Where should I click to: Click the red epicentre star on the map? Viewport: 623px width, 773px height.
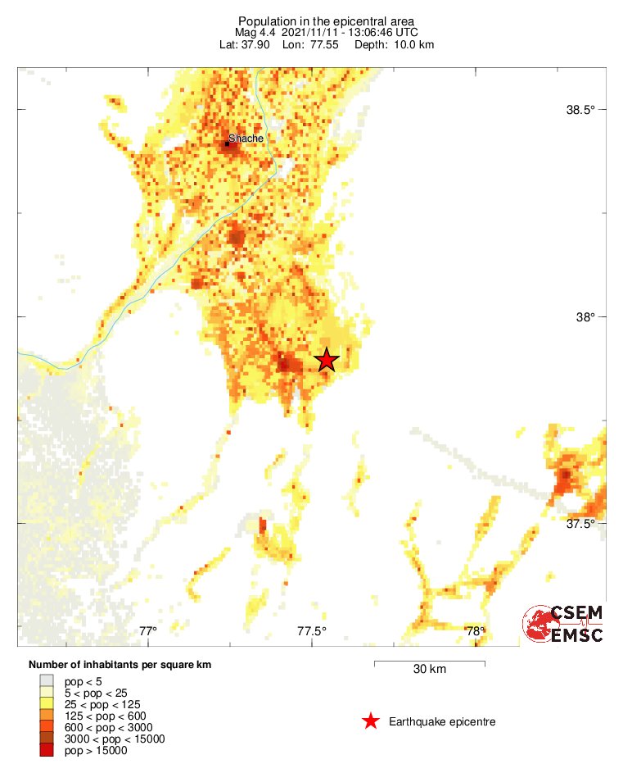tap(327, 360)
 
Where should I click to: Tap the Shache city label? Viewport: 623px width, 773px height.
tap(246, 139)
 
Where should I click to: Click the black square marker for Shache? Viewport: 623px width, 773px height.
tap(227, 143)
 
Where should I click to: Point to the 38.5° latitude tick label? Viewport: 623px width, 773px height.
tap(582, 110)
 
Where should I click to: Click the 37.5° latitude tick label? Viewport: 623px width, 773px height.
tap(582, 523)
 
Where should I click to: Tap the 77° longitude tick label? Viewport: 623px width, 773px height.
tap(147, 631)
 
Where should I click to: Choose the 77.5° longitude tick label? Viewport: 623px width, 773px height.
tap(312, 631)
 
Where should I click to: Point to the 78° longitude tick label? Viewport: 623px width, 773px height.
tap(476, 631)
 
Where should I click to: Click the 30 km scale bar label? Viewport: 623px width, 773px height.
tap(429, 670)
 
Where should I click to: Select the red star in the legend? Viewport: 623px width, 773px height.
tap(371, 721)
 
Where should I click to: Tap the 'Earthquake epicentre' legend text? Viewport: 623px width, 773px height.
tap(442, 721)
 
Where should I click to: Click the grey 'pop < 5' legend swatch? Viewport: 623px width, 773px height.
tap(47, 680)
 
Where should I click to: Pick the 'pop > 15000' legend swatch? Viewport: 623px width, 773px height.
tap(47, 750)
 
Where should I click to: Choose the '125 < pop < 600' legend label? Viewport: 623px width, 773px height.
tap(106, 716)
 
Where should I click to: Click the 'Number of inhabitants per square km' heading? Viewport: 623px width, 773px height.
tap(120, 665)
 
